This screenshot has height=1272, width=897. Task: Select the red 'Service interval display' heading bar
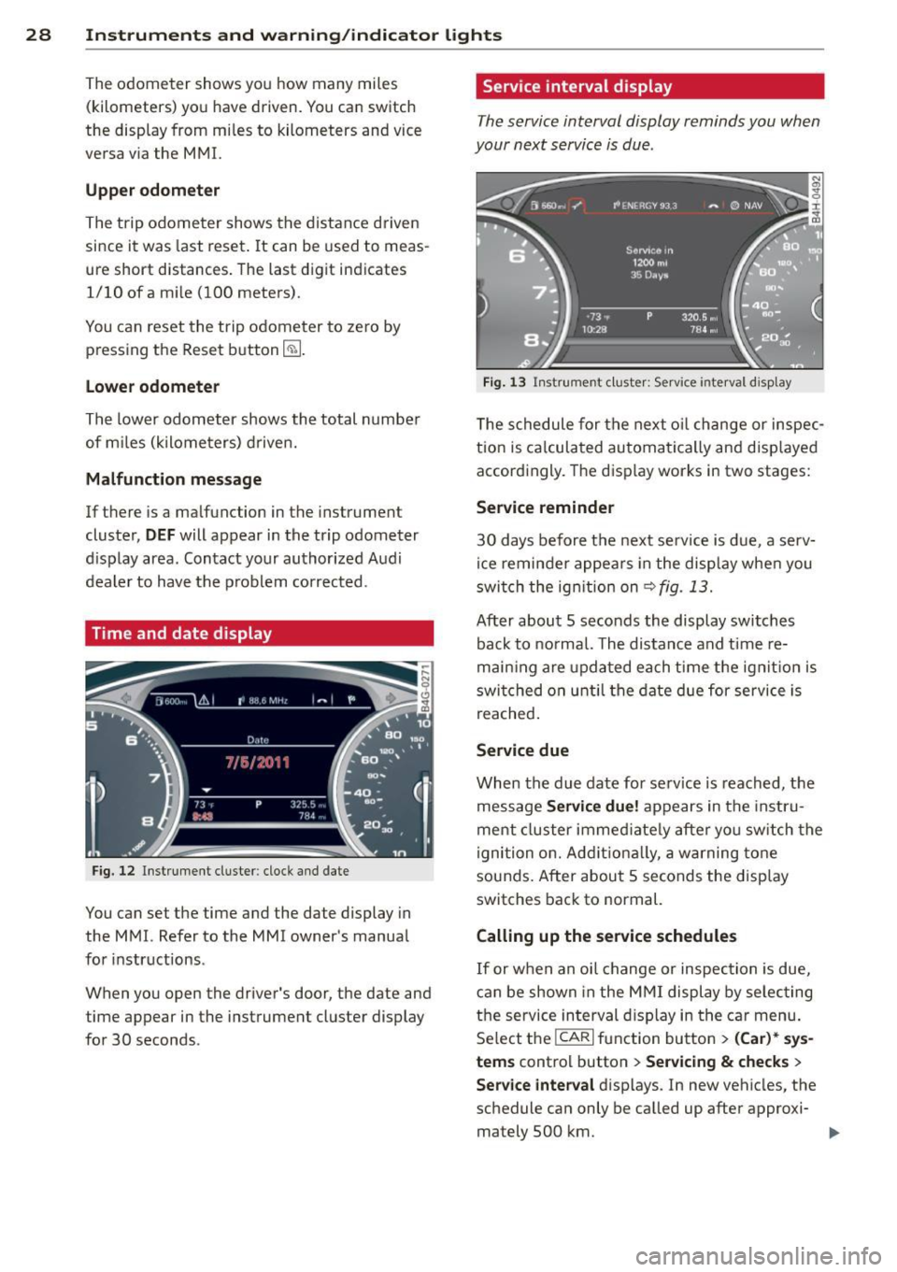tap(649, 87)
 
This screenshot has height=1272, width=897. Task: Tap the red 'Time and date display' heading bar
tap(259, 634)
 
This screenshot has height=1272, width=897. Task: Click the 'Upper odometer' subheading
tap(152, 191)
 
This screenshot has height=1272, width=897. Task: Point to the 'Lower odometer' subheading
tap(152, 387)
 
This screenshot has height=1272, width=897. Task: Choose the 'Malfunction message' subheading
tap(174, 479)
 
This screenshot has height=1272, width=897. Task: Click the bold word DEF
tap(160, 536)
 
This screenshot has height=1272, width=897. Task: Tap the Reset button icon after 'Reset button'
tap(292, 350)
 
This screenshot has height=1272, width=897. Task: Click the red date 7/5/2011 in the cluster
tap(258, 763)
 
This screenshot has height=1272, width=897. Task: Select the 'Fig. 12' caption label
tap(113, 871)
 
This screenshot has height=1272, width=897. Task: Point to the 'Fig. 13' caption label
tap(505, 382)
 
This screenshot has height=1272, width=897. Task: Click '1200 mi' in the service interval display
tap(649, 263)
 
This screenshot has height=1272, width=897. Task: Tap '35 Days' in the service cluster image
tap(649, 275)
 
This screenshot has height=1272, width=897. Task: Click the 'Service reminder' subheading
tap(545, 507)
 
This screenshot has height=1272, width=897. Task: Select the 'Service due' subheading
tap(522, 750)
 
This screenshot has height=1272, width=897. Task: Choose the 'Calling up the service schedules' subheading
tap(606, 936)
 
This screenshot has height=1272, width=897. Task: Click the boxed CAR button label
tap(574, 1037)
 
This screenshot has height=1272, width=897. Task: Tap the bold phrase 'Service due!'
tap(592, 807)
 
